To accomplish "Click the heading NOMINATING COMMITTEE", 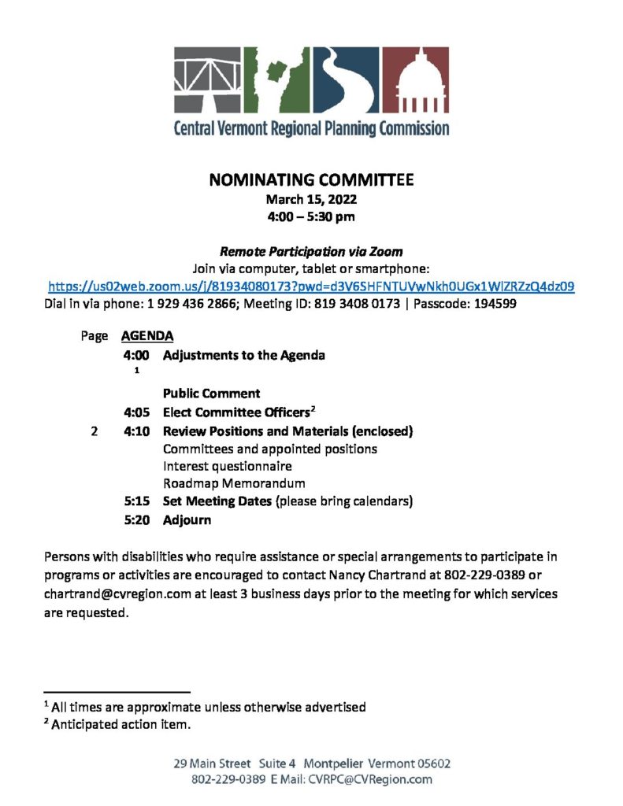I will [x=311, y=180].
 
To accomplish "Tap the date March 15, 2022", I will [x=311, y=199].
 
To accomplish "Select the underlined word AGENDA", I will [x=147, y=336].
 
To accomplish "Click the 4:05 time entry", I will [x=137, y=412].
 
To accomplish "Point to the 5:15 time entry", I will [x=137, y=501].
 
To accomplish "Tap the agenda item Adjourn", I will [x=187, y=520].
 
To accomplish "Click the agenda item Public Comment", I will [x=211, y=393].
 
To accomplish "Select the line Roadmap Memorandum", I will [x=234, y=483].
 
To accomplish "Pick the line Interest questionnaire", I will [x=227, y=466].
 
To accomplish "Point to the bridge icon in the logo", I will [x=207, y=79].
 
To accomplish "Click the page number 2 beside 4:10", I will [x=94, y=431].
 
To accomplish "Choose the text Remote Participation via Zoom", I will [x=311, y=252].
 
